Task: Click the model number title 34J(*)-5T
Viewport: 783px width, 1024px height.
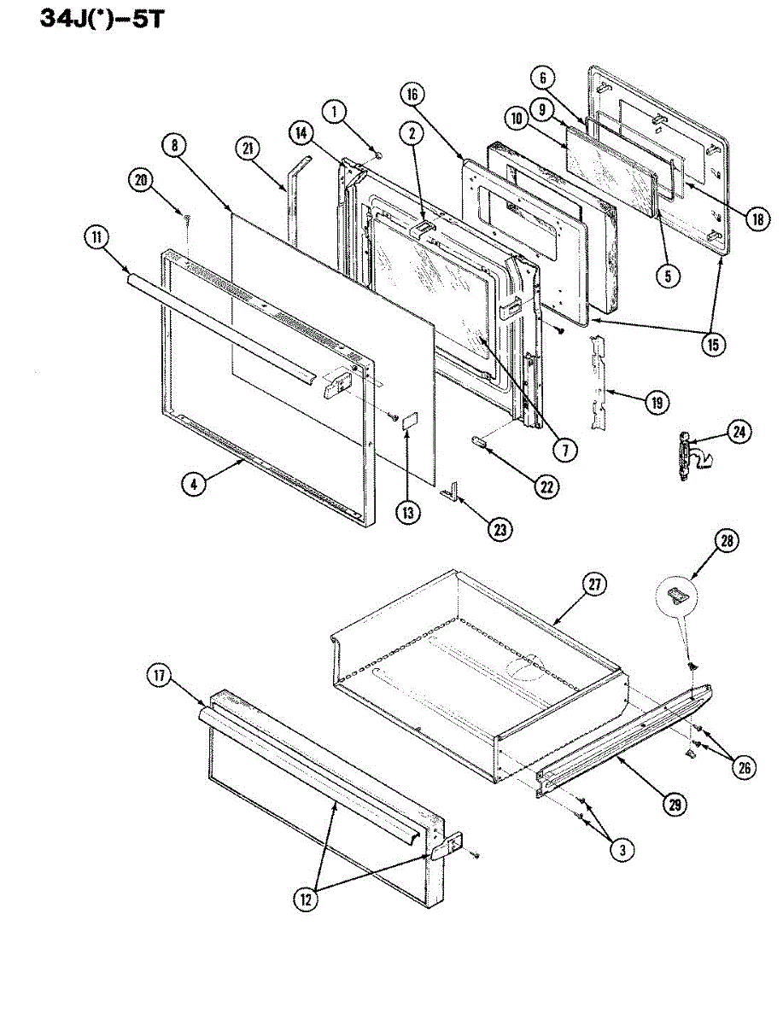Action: [x=101, y=18]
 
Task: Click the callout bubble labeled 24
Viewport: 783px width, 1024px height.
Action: [x=739, y=433]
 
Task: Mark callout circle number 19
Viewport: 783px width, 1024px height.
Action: [x=657, y=401]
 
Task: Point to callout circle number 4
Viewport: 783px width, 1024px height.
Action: [x=194, y=483]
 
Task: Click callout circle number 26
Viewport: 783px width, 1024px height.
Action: [x=744, y=767]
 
